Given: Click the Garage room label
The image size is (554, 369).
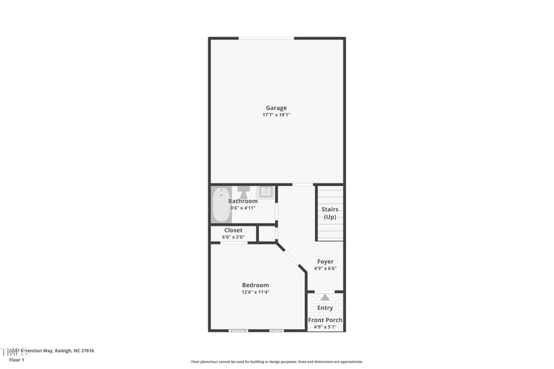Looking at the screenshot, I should (x=276, y=107).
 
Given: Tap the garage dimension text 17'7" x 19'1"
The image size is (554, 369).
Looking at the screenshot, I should (x=276, y=115).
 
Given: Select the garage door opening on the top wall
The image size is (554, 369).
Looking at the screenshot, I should (x=266, y=38).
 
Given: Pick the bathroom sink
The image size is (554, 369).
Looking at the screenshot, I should (x=266, y=191).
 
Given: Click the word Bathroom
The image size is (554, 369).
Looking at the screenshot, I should (x=243, y=201).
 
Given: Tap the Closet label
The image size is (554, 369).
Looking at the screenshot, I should (x=233, y=230).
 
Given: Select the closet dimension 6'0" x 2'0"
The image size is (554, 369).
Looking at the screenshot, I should (x=233, y=237).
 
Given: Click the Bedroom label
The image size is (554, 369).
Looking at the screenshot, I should (x=255, y=285).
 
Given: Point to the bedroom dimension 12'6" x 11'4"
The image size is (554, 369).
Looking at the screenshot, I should (x=255, y=292).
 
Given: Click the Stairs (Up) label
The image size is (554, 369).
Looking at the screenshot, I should (x=329, y=213).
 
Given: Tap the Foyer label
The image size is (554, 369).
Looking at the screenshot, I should (x=325, y=261).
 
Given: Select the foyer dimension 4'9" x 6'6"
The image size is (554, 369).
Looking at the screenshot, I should (x=325, y=269).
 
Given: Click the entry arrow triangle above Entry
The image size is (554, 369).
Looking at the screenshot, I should (x=325, y=298).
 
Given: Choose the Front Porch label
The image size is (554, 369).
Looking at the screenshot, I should (x=325, y=320).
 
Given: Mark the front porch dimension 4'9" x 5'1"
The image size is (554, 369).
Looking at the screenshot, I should (x=325, y=327).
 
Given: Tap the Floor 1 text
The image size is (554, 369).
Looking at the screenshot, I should (x=17, y=360).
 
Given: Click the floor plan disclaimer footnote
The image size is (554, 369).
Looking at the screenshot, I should (x=277, y=361).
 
